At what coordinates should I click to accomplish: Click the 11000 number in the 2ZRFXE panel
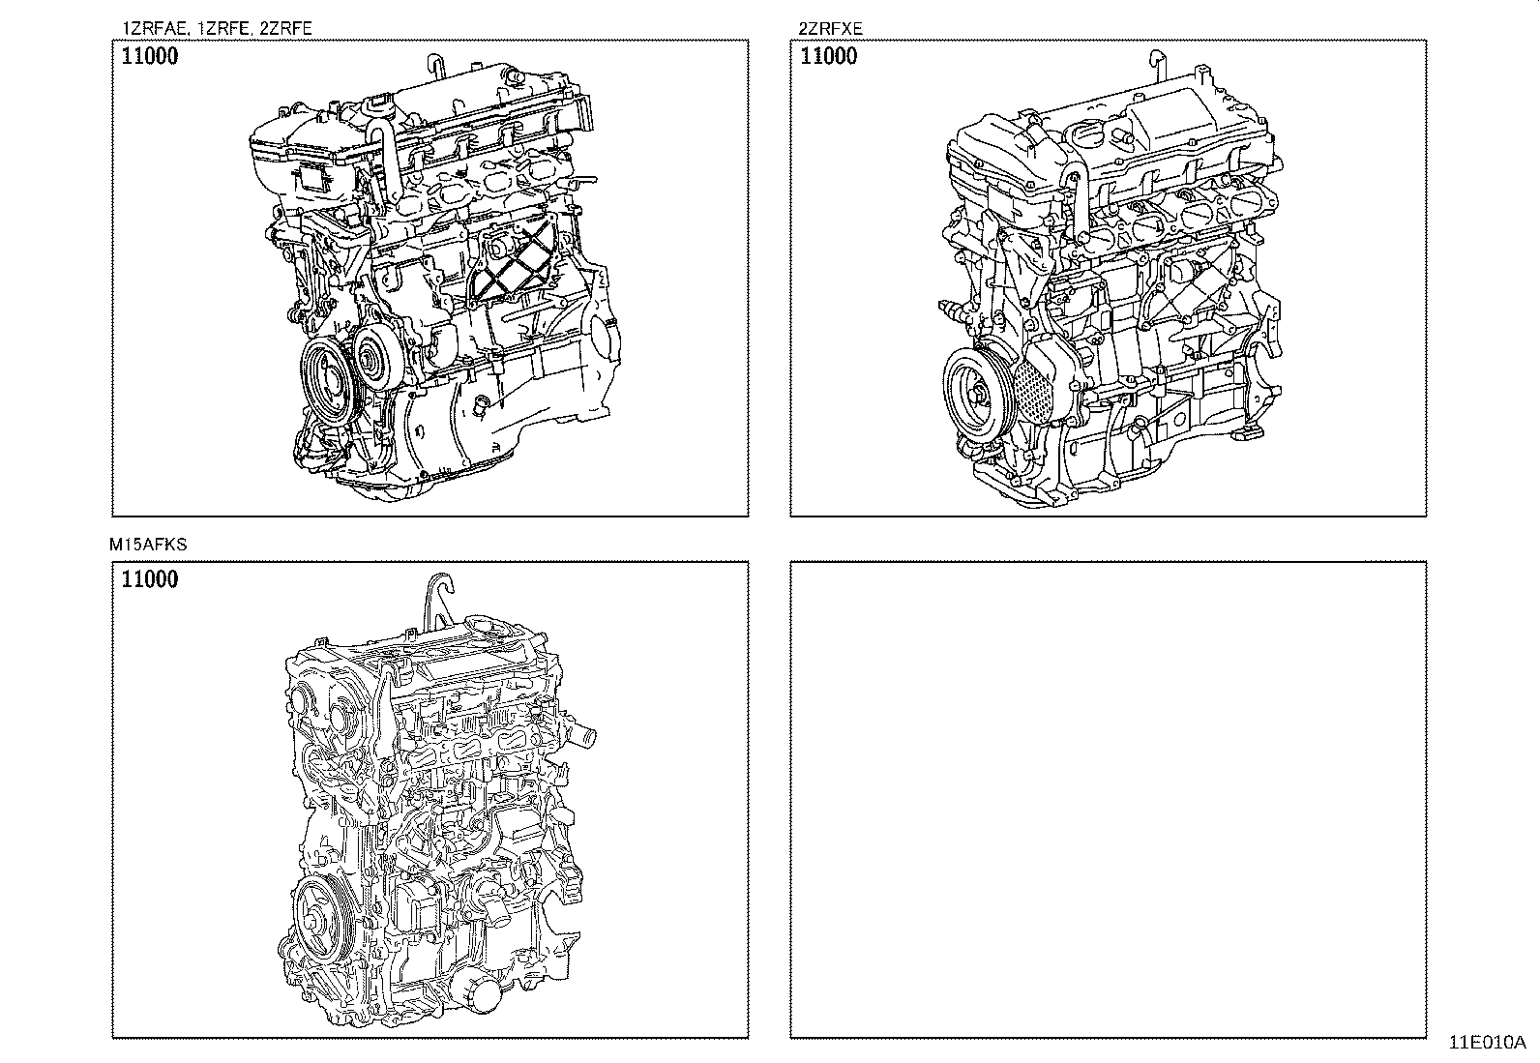click(828, 56)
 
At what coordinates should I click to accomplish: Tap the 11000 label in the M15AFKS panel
click(150, 579)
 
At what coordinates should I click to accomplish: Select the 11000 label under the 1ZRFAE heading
click(150, 56)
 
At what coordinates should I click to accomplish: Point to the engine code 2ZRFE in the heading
click(286, 28)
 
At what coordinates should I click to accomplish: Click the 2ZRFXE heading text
click(830, 28)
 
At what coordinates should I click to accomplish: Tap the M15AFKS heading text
click(148, 545)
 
